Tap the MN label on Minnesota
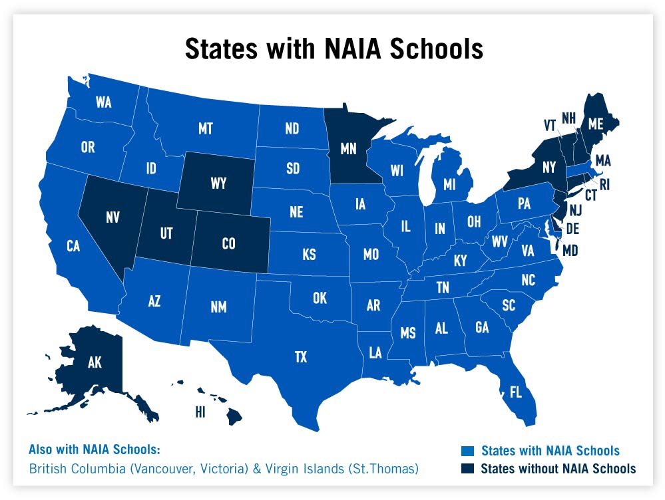click(x=348, y=148)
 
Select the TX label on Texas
click(x=301, y=358)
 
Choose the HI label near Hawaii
click(x=200, y=412)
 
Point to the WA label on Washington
click(x=103, y=102)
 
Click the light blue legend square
click(x=469, y=451)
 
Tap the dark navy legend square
click(x=469, y=468)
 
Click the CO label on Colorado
click(x=228, y=244)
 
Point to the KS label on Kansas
click(x=309, y=255)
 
